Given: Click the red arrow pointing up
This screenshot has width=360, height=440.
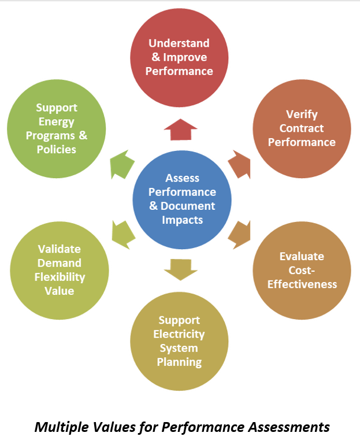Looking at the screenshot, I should (x=180, y=130).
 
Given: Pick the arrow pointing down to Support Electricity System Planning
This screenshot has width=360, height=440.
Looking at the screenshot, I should (x=180, y=269).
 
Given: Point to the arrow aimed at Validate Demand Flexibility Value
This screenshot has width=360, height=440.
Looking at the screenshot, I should (x=122, y=234).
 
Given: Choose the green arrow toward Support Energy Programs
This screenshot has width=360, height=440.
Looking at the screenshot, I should (x=122, y=164).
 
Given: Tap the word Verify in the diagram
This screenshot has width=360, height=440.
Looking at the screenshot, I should (x=302, y=114).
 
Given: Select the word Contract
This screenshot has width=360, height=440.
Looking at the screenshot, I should (x=302, y=128).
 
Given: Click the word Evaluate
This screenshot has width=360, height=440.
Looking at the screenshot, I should (x=302, y=256).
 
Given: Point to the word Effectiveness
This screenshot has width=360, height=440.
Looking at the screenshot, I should (x=302, y=284).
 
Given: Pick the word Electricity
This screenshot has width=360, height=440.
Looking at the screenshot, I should (x=179, y=334).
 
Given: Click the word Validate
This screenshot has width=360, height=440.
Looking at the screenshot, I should (x=59, y=249).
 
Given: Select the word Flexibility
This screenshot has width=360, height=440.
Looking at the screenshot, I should (x=59, y=277).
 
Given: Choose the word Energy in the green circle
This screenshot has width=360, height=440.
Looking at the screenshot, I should (x=56, y=121).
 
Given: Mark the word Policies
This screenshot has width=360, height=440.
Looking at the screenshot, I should (x=56, y=149).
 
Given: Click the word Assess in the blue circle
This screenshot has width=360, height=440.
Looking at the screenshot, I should (x=182, y=178).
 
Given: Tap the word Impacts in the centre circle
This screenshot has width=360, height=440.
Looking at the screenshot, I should (x=182, y=220).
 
